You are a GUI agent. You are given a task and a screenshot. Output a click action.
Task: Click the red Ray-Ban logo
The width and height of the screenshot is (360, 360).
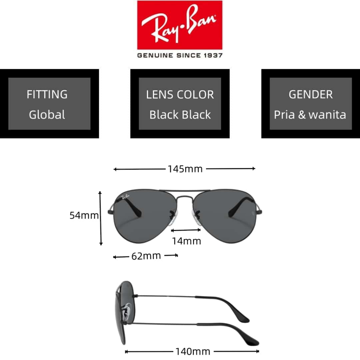[180, 25]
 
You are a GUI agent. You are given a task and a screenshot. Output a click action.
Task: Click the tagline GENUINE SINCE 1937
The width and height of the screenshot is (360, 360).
[180, 55]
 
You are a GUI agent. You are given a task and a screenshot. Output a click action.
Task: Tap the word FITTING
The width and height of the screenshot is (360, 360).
[47, 94]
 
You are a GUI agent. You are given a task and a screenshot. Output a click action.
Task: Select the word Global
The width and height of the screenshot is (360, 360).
[47, 115]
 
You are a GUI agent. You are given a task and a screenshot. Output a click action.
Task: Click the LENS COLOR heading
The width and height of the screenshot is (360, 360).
[180, 95]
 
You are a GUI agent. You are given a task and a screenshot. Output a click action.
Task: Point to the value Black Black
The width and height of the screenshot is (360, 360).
[180, 115]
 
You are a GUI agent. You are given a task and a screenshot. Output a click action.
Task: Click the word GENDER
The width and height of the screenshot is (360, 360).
[311, 94]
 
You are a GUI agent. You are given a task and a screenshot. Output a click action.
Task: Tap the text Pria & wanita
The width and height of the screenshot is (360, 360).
[310, 115]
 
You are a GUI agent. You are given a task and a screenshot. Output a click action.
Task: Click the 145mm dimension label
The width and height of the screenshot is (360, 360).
[185, 169]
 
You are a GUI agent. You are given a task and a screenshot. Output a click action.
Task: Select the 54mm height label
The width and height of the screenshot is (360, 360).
[84, 216]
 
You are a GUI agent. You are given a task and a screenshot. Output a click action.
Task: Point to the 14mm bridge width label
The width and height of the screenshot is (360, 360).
[186, 241]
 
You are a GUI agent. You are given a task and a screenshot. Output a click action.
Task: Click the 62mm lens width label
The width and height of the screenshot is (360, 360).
[146, 256]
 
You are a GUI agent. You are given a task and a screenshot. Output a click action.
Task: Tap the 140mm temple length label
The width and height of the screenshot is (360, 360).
[193, 352]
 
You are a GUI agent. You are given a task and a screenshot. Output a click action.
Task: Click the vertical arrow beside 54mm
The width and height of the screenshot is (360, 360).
[100, 218]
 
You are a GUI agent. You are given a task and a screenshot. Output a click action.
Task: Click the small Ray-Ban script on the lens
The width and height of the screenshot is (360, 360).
[126, 197]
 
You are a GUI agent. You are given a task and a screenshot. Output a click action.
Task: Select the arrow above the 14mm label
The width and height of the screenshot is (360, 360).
[186, 230]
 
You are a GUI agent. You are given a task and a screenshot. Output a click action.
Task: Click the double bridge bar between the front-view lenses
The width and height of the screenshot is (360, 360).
[185, 191]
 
